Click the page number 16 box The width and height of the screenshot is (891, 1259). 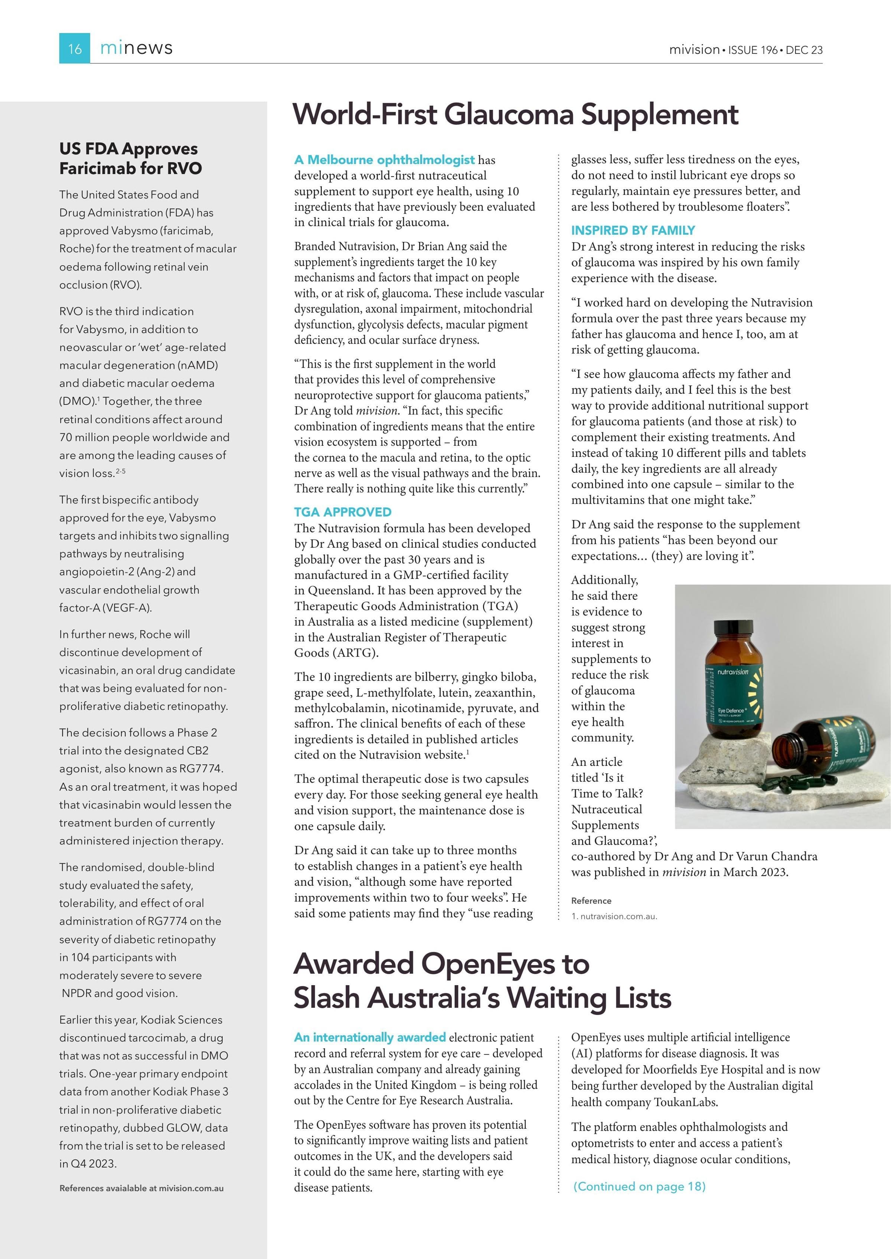[75, 48]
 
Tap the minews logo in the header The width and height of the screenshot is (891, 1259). [136, 48]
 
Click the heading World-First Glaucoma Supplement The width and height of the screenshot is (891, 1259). [515, 115]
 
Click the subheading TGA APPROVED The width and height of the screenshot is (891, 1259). [342, 512]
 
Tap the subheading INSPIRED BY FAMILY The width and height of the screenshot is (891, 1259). [633, 230]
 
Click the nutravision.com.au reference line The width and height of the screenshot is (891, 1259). [614, 916]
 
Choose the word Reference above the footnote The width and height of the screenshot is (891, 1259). [591, 901]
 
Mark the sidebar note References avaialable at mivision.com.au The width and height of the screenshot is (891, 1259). [141, 1188]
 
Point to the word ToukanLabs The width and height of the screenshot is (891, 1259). [685, 1102]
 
